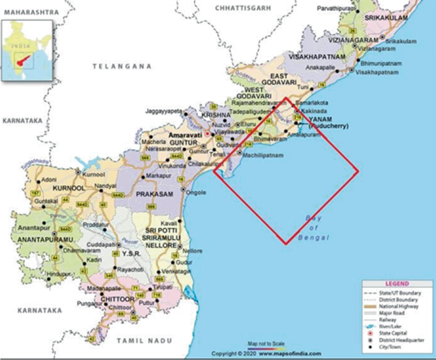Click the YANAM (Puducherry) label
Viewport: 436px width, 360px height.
(328, 123)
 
